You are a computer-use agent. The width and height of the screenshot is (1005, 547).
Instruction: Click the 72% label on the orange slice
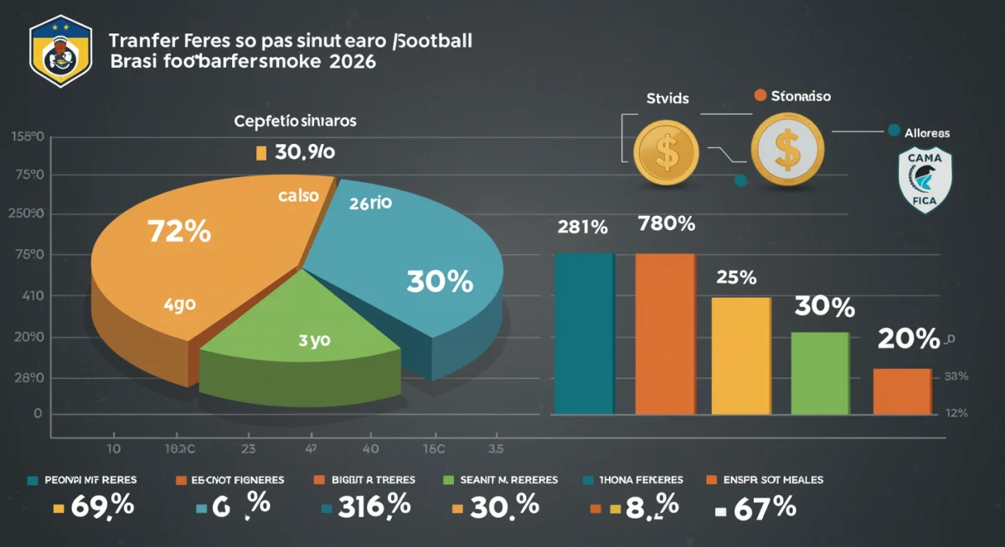click(178, 231)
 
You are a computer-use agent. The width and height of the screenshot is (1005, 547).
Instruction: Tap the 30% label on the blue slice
click(440, 282)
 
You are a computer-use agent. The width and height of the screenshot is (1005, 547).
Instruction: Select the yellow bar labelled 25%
click(740, 355)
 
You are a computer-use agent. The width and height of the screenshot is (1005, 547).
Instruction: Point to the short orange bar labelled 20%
click(901, 391)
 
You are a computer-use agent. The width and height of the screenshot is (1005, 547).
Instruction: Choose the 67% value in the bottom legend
click(762, 507)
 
